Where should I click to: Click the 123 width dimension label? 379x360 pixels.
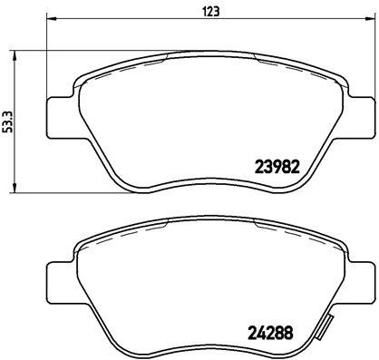tap(210, 12)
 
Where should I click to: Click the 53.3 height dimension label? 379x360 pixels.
tap(8, 122)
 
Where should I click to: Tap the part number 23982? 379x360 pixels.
tap(277, 167)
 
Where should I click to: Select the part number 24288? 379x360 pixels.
tap(270, 333)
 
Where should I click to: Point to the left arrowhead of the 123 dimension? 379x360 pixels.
tap(51, 19)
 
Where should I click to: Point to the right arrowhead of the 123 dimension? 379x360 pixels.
tap(369, 19)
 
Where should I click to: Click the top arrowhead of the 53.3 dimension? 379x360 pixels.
tap(15, 55)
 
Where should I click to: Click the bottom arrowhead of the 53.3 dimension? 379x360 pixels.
tap(15, 188)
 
